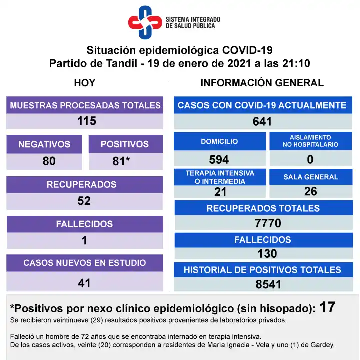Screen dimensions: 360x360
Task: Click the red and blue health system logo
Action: point(145,22)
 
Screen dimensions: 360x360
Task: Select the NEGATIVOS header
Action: point(44,144)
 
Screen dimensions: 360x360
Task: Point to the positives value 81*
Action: point(125,161)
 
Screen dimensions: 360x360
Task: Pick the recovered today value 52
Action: point(84,200)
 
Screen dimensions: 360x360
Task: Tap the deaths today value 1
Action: point(84,240)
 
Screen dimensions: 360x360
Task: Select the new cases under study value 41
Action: point(84,283)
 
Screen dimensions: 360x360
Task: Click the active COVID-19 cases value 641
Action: point(262,121)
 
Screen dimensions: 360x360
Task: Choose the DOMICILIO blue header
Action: point(219,141)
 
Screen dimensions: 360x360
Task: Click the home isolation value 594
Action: point(219,159)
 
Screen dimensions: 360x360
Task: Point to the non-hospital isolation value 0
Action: point(310,159)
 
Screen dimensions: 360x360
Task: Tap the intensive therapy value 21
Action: point(220,192)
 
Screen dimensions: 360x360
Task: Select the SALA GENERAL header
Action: point(311,177)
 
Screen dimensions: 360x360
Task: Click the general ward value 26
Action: point(310,191)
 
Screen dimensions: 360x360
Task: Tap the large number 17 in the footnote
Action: point(327,307)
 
